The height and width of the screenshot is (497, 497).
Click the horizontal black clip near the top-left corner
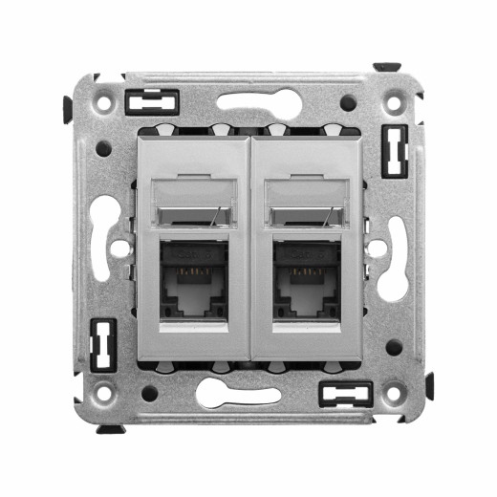pyautogui.click(x=152, y=101)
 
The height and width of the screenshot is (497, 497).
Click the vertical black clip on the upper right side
pyautogui.click(x=394, y=149)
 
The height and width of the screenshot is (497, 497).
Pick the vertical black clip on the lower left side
pyautogui.click(x=102, y=344)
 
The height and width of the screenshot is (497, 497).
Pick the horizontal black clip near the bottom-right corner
pyautogui.click(x=345, y=394)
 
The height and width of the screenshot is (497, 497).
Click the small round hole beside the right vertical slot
pyautogui.click(x=378, y=248)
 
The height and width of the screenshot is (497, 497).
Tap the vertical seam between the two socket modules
pyautogui.click(x=249, y=248)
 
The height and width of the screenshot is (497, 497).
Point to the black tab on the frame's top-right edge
pyautogui.click(x=387, y=68)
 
